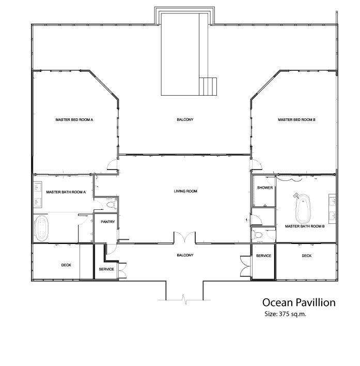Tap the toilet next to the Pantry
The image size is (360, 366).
[108, 206]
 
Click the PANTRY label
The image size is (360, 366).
[108, 222]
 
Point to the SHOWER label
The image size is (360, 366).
[265, 188]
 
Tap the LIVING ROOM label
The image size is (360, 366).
[185, 191]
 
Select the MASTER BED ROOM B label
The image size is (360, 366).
[296, 119]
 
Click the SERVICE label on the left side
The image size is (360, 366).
[106, 269]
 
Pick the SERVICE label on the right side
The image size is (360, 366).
[263, 256]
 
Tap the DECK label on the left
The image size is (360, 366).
[66, 265]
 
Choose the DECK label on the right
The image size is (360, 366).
[307, 256]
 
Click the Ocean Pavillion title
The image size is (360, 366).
[299, 301]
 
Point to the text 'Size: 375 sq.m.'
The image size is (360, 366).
[286, 314]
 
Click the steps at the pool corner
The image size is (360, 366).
[210, 85]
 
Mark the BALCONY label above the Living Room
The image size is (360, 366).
[185, 119]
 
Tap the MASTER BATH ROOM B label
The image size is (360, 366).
[304, 226]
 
